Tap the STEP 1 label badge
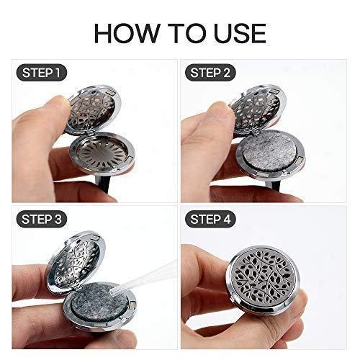point(41,73)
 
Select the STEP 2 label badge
point(210,73)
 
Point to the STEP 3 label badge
point(42,219)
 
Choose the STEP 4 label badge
point(210,219)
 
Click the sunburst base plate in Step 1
point(102,152)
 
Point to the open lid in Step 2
point(257,109)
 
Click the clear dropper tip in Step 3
point(112,292)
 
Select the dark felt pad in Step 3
point(99,302)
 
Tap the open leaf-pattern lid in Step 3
point(76,261)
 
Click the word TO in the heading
point(186,33)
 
